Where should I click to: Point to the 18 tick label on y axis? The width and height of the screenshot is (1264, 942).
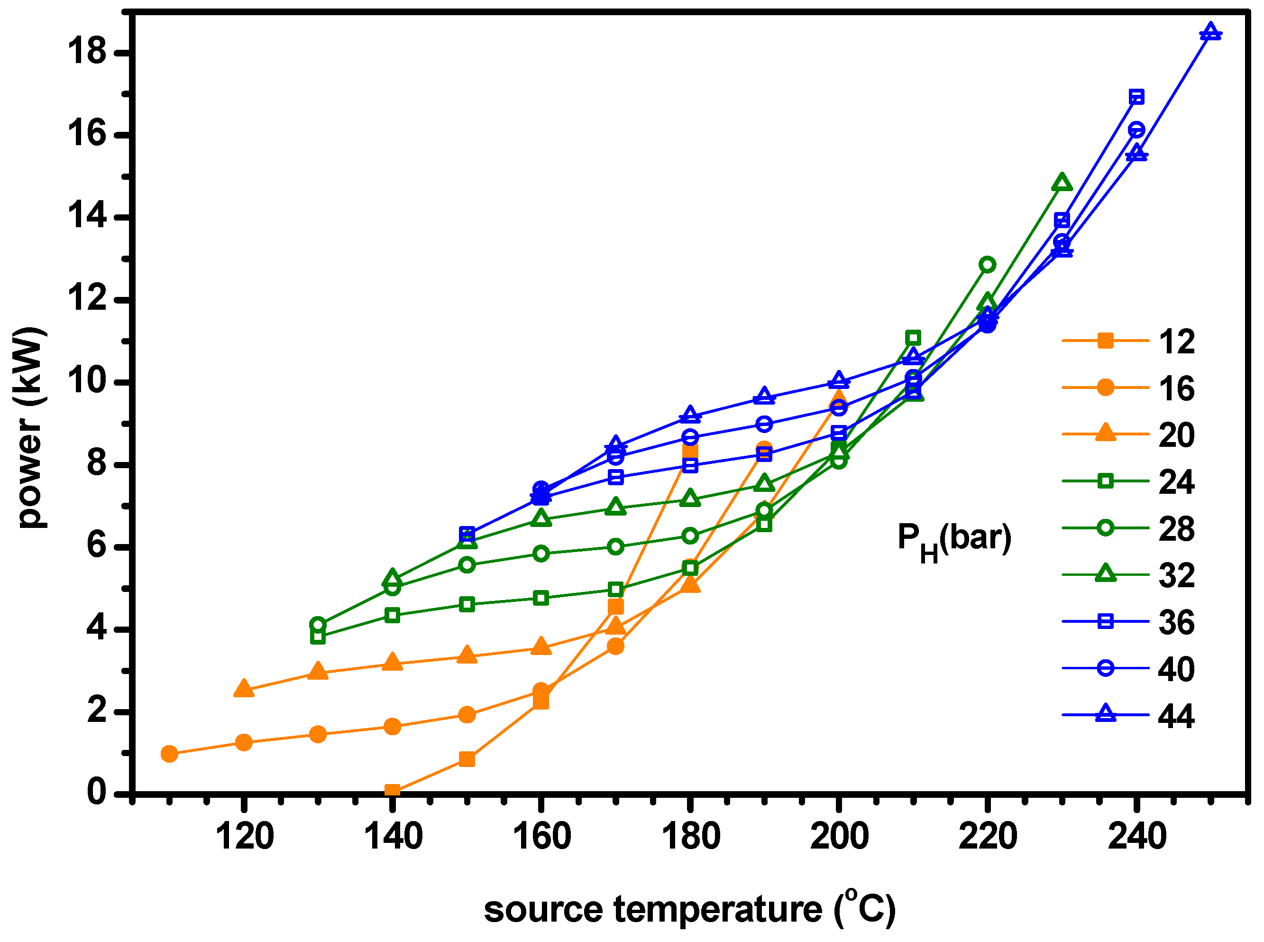click(87, 51)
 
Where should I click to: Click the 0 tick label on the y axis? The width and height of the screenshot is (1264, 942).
click(96, 792)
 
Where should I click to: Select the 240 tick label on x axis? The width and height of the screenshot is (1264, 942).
click(1137, 837)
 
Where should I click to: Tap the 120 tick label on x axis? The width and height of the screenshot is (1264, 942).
click(244, 837)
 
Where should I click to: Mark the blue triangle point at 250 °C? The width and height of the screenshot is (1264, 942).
click(1210, 31)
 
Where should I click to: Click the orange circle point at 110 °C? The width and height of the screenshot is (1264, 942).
click(169, 754)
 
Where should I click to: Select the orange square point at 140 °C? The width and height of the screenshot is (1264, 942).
click(392, 790)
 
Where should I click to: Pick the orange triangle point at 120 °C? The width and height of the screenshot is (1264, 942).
click(244, 688)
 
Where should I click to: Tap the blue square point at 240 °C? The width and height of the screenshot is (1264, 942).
click(1136, 97)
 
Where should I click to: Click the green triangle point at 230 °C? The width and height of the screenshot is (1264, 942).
click(1062, 183)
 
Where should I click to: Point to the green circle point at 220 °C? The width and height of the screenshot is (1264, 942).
click(988, 265)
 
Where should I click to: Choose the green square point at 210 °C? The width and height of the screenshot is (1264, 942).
click(913, 338)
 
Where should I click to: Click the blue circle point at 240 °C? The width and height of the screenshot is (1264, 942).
click(1136, 130)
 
